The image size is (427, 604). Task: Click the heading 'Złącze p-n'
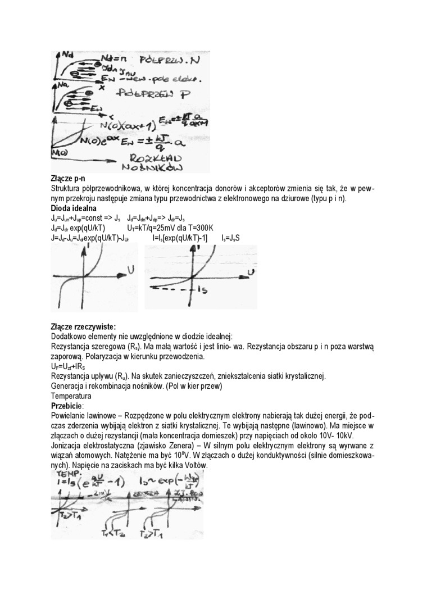66,179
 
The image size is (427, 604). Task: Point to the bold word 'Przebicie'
66,406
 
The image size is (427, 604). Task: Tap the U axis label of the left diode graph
130,271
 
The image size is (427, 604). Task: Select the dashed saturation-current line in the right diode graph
171,288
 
